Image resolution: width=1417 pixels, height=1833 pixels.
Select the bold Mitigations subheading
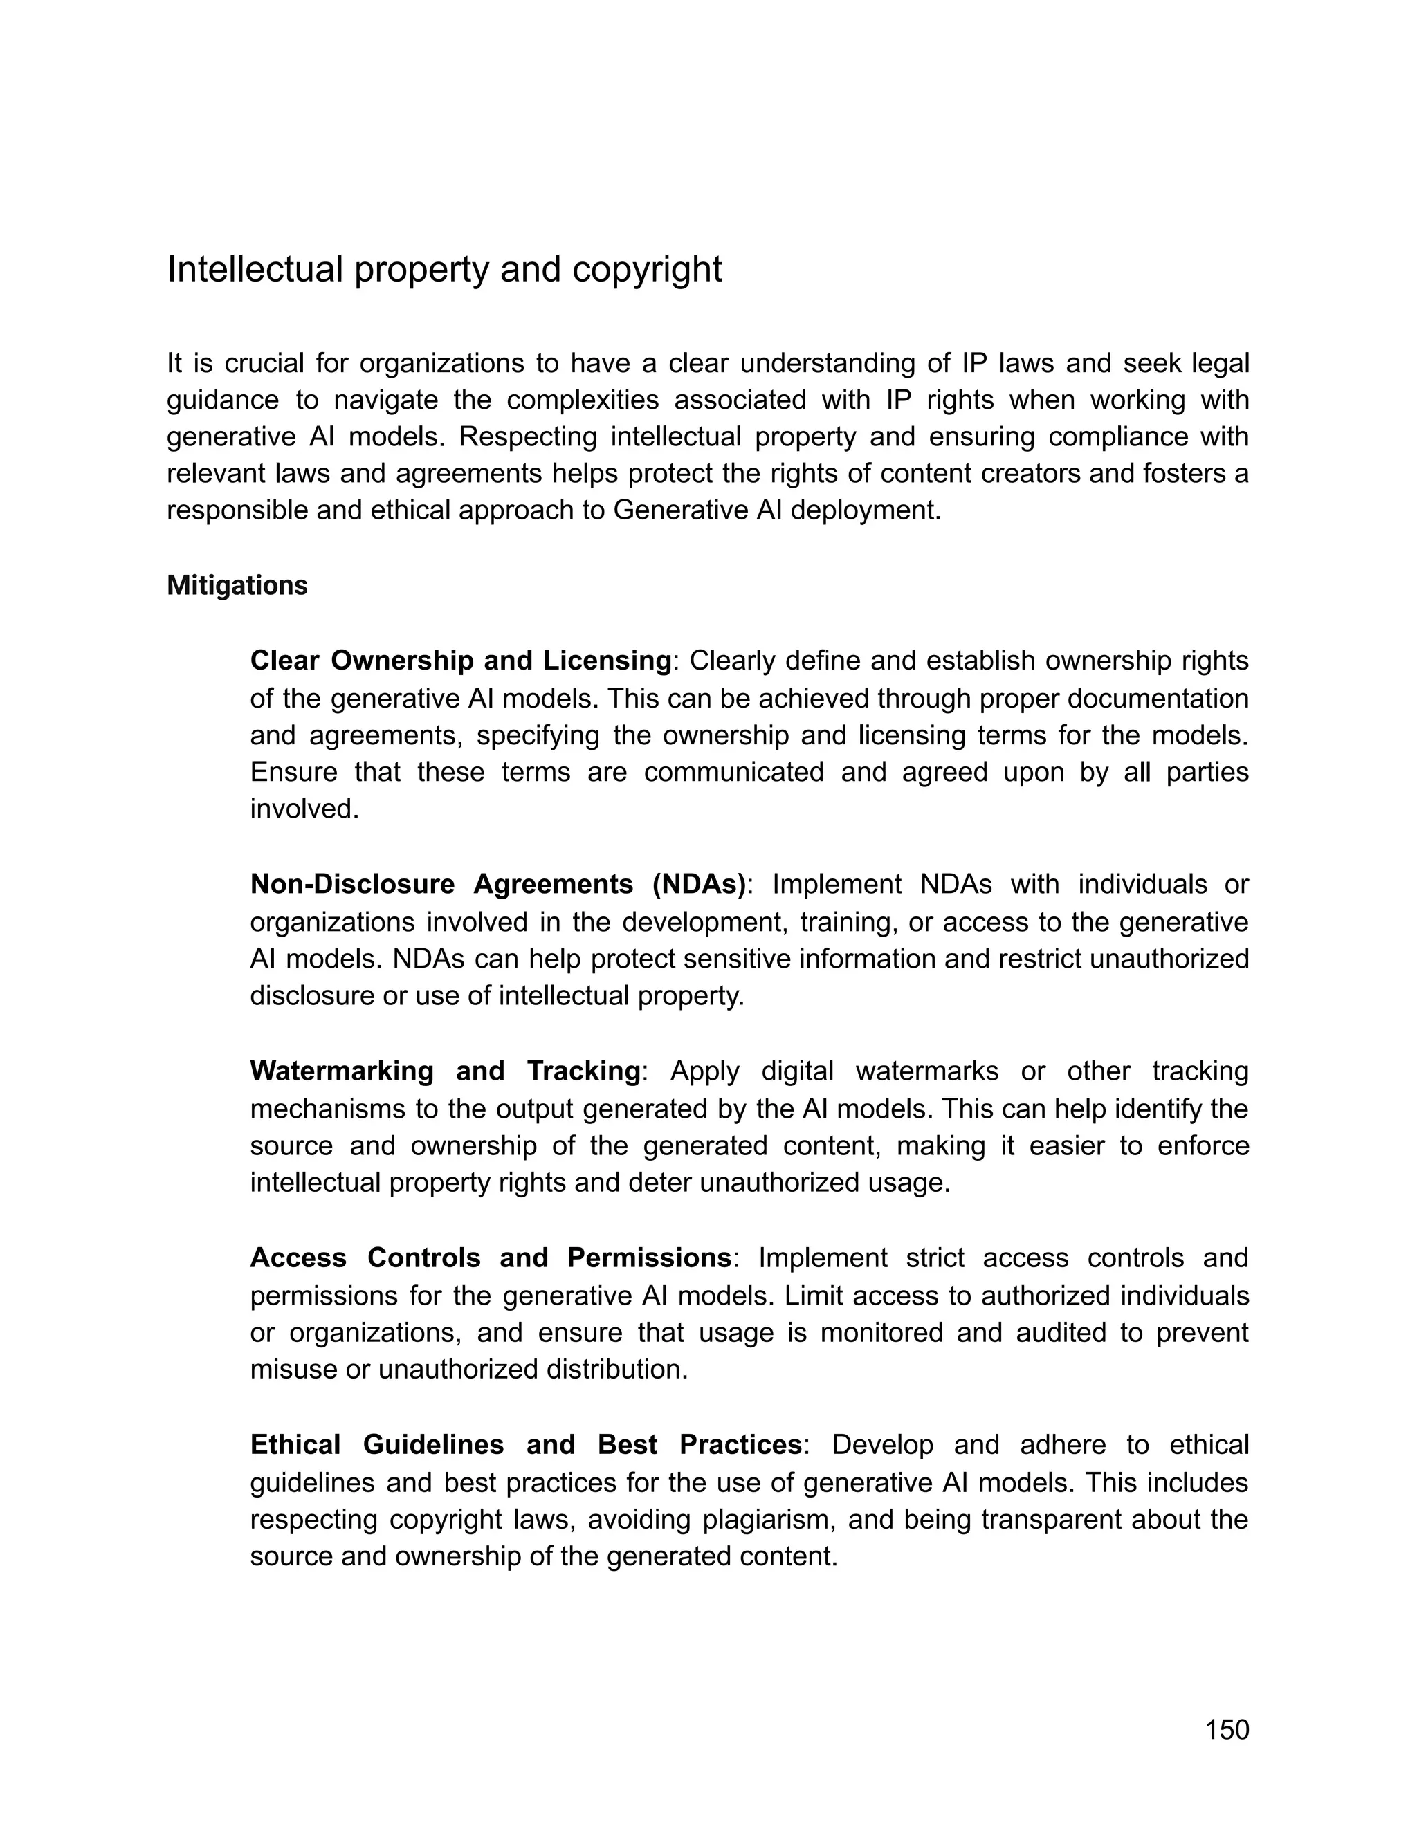(237, 586)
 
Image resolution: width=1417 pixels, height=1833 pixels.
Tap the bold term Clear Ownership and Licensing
(461, 661)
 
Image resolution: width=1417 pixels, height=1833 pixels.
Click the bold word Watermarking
(342, 1071)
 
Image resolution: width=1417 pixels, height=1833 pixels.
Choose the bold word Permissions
(649, 1258)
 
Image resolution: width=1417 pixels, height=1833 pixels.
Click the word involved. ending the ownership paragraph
(304, 810)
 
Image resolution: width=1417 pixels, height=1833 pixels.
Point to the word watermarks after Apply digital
(926, 1071)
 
